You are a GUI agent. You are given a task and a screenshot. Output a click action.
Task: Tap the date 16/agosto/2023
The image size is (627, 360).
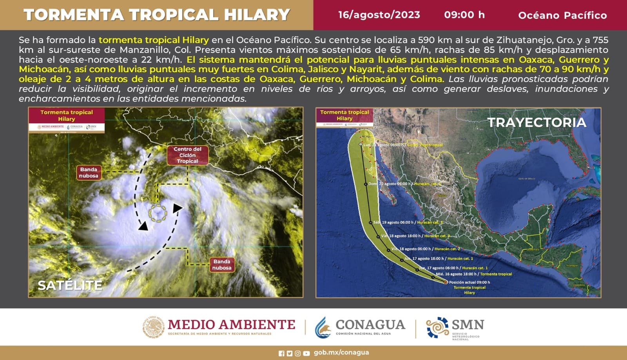click(379, 15)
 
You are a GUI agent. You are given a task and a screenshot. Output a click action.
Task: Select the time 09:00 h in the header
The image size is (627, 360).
click(464, 15)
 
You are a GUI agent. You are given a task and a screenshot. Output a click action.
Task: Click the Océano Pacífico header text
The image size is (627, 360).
click(562, 15)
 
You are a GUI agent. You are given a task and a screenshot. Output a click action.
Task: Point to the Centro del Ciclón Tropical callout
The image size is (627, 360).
click(187, 155)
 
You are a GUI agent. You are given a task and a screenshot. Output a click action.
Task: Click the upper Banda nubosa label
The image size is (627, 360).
click(89, 173)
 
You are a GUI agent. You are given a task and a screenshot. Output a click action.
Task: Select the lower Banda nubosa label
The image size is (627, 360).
click(222, 264)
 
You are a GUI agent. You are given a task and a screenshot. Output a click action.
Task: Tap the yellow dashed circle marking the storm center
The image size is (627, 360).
click(158, 213)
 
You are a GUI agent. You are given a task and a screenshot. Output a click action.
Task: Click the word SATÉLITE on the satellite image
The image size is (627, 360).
click(70, 285)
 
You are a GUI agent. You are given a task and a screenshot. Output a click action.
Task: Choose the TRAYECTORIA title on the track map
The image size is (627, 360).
click(536, 122)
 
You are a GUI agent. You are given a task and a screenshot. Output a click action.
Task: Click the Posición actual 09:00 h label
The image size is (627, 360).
click(469, 282)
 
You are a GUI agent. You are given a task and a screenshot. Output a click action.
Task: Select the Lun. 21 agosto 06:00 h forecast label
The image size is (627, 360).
click(403, 145)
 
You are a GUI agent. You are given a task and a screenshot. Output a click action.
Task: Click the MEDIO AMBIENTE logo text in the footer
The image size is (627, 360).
click(231, 325)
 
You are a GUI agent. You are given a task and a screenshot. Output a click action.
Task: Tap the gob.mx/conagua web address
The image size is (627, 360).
click(341, 353)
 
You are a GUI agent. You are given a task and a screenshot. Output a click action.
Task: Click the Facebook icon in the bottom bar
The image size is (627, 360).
click(281, 353)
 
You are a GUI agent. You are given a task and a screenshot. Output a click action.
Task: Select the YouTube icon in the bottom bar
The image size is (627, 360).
click(306, 353)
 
